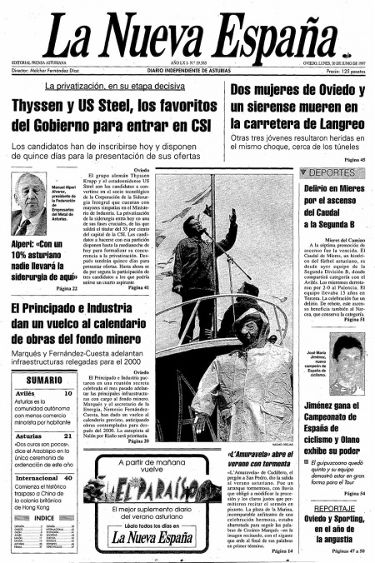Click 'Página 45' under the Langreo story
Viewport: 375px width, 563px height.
pos(352,159)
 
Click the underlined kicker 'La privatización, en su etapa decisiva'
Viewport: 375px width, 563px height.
pos(114,86)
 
